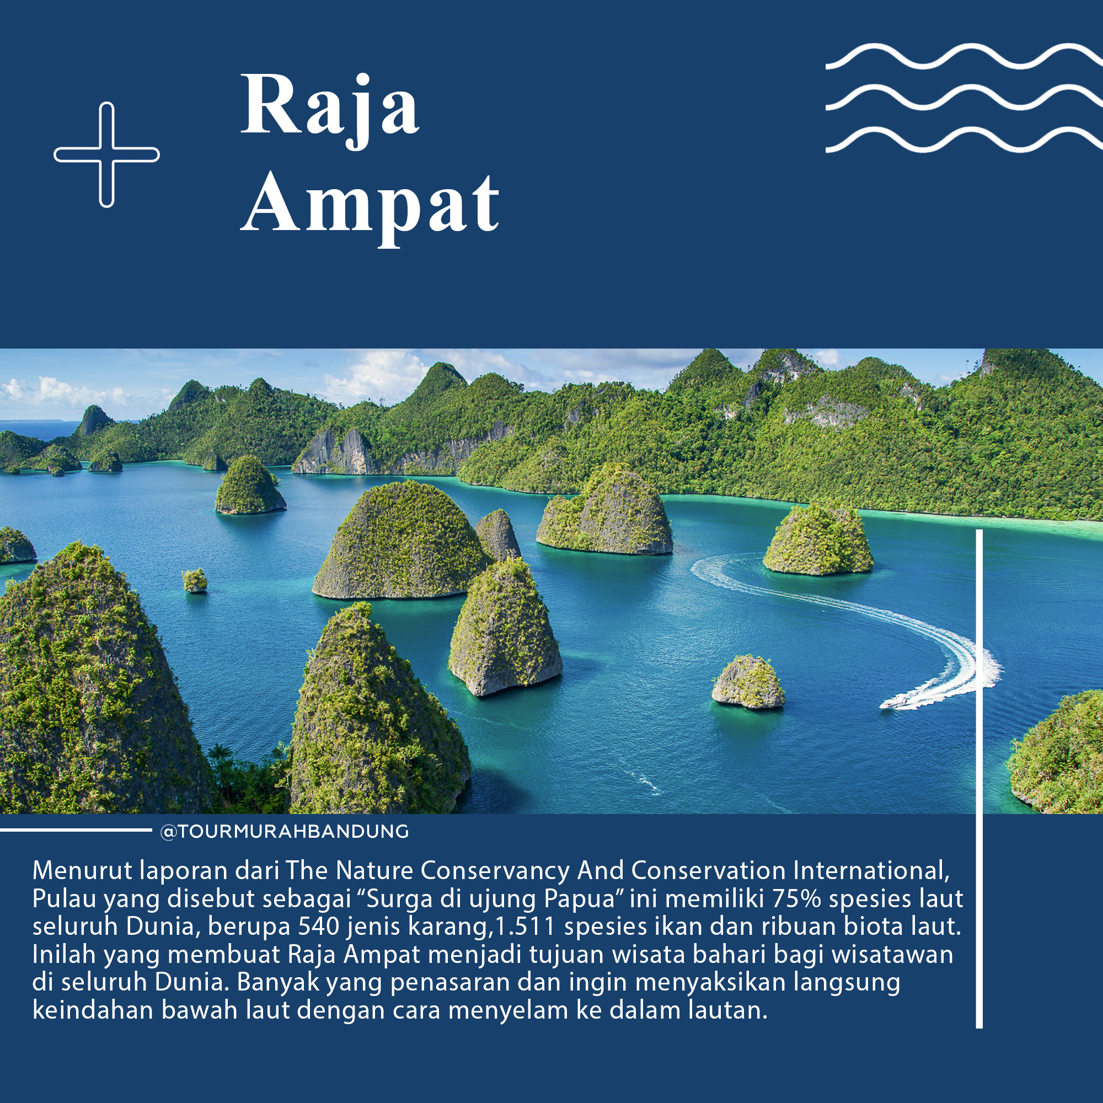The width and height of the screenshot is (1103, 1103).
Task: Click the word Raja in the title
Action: [x=330, y=110]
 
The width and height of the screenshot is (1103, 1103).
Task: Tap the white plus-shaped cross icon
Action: [x=107, y=155]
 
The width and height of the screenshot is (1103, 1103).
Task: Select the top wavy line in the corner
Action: [x=964, y=56]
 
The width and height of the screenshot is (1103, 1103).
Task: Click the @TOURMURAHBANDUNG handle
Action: [x=285, y=831]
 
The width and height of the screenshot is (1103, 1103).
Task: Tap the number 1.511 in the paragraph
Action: [x=525, y=926]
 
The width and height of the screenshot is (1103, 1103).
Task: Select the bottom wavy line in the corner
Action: [x=964, y=140]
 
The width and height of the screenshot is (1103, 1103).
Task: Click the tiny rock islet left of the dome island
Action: [x=195, y=580]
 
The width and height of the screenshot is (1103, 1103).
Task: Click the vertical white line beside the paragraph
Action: [x=979, y=779]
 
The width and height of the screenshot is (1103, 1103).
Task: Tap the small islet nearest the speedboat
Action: [x=748, y=682]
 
